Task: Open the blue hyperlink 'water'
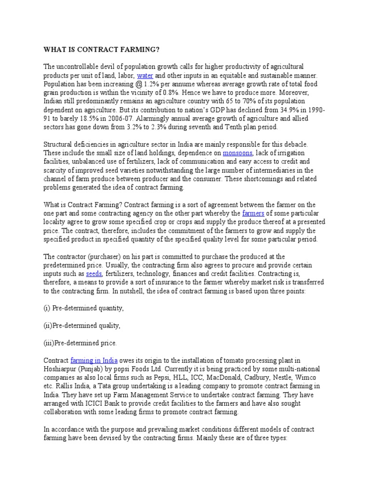coord(145,76)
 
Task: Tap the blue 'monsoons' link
coord(237,152)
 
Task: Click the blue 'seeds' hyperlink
coord(93,274)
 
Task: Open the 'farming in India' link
coord(94,360)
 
